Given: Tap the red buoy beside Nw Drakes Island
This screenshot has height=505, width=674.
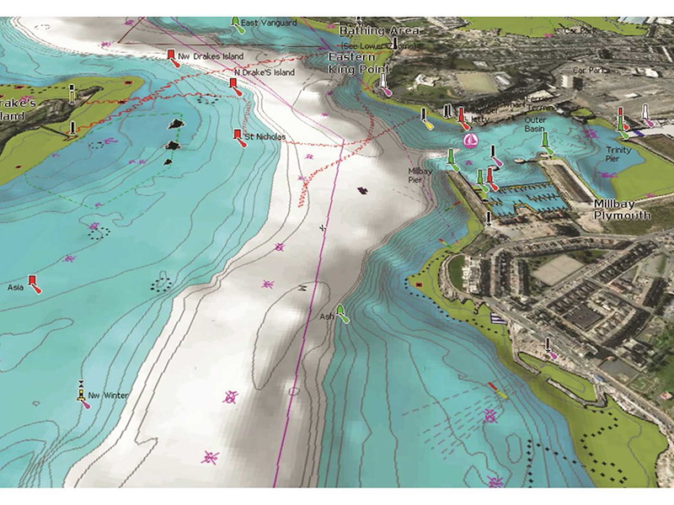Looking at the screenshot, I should [x=172, y=58].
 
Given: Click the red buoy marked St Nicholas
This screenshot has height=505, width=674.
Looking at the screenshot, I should [x=238, y=137].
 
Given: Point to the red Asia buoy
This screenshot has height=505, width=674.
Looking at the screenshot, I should [x=34, y=283].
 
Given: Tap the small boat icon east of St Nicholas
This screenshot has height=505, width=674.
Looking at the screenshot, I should [x=361, y=190].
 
